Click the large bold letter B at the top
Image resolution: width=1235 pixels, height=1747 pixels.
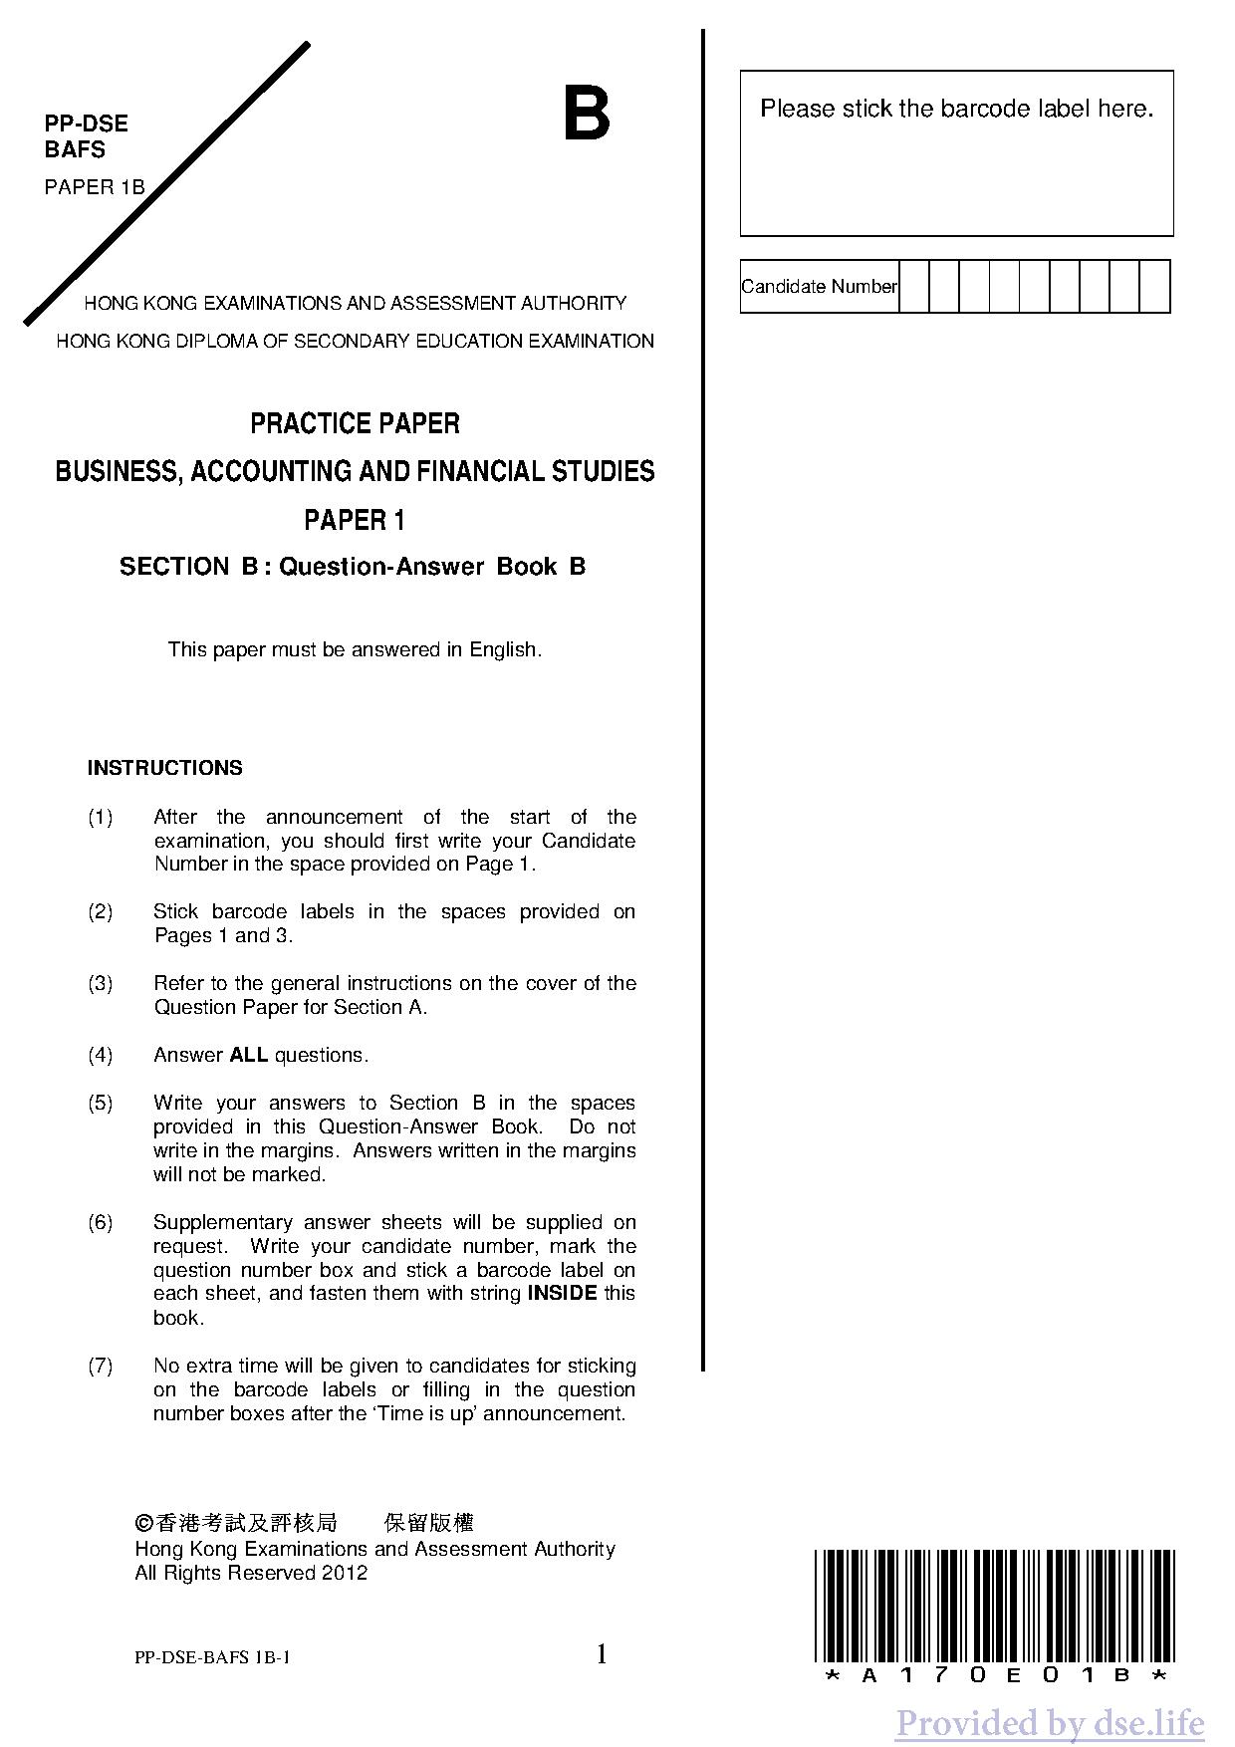pyautogui.click(x=587, y=116)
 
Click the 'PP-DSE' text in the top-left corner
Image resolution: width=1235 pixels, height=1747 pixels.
pyautogui.click(x=87, y=125)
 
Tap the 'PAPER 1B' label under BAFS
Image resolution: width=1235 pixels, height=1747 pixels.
pyautogui.click(x=95, y=187)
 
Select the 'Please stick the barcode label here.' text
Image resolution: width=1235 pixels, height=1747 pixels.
pyautogui.click(x=956, y=109)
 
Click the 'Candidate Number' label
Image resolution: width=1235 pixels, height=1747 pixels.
pyautogui.click(x=819, y=287)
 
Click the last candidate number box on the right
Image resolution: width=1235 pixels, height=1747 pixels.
pyautogui.click(x=1155, y=287)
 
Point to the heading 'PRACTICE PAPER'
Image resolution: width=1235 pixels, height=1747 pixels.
pyautogui.click(x=355, y=424)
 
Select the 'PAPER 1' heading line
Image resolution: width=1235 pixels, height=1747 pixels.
pyautogui.click(x=355, y=520)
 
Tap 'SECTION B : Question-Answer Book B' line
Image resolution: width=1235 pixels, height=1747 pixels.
pyautogui.click(x=353, y=567)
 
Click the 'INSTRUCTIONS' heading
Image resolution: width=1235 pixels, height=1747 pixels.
pyautogui.click(x=164, y=768)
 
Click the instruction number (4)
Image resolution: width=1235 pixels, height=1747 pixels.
pyautogui.click(x=101, y=1055)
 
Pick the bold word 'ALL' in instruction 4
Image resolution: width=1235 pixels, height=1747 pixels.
pyautogui.click(x=248, y=1055)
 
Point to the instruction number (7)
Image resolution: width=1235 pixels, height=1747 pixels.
pyautogui.click(x=101, y=1366)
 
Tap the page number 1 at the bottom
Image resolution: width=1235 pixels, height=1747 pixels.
pyautogui.click(x=602, y=1654)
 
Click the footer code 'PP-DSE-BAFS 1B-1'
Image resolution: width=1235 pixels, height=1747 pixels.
pyautogui.click(x=213, y=1658)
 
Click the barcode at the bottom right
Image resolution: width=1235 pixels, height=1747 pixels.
pyautogui.click(x=994, y=1606)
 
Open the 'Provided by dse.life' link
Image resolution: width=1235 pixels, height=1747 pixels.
pyautogui.click(x=1049, y=1722)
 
